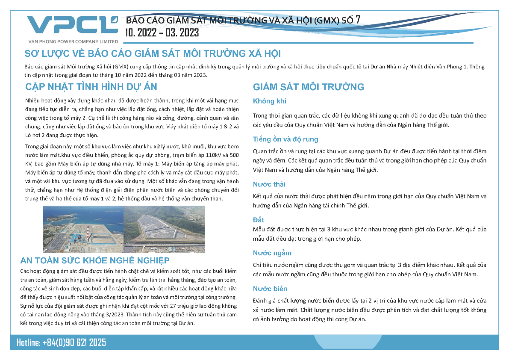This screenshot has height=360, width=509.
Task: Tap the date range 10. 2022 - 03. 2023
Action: point(162,32)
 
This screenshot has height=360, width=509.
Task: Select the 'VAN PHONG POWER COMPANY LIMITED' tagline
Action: point(73,41)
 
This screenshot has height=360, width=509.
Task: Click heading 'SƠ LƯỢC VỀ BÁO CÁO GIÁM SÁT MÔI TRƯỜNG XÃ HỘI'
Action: point(153,54)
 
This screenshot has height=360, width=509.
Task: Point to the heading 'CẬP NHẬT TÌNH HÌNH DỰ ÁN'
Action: point(91,87)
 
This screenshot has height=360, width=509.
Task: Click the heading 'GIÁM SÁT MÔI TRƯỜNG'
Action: point(308,87)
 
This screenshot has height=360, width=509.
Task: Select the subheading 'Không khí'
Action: point(269,101)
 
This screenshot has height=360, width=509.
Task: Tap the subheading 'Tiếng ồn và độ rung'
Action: point(285,139)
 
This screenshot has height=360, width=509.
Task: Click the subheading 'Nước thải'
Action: point(269,184)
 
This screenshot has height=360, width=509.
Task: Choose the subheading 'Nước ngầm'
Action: point(272,253)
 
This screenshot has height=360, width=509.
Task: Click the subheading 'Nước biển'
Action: point(270,289)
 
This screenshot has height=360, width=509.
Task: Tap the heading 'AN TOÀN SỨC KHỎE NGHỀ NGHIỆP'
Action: point(95,261)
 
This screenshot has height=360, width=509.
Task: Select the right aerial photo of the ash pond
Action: point(164,230)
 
